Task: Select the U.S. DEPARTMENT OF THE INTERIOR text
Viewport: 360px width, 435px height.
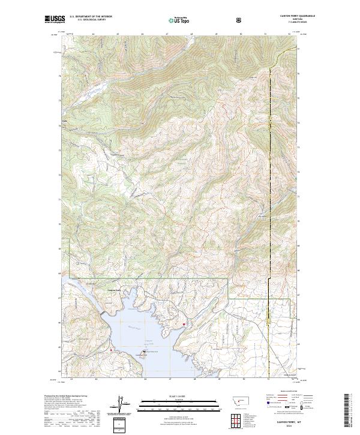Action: pos(90,17)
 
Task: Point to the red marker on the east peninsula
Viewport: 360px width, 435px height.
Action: pos(184,325)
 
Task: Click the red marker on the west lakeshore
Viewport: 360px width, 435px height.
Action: pos(110,349)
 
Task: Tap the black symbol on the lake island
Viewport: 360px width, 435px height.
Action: pos(144,352)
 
